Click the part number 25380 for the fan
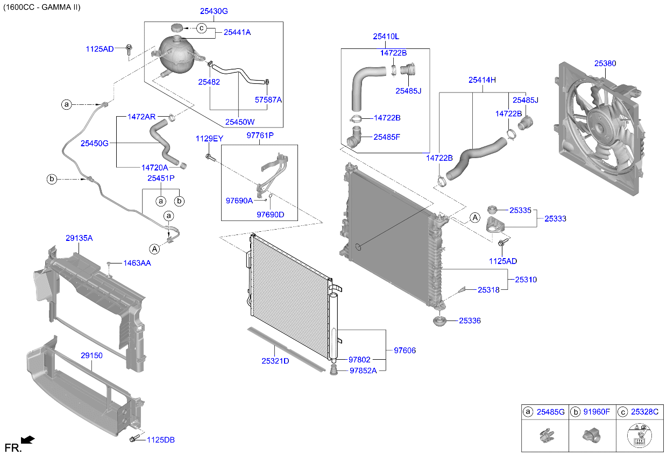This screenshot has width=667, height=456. click(605, 63)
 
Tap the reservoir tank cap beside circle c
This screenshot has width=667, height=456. click(179, 28)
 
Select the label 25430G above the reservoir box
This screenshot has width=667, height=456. click(214, 11)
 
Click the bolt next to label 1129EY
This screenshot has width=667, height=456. click(210, 157)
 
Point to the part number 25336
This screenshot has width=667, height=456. click(470, 321)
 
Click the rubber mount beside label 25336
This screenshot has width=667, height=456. click(439, 322)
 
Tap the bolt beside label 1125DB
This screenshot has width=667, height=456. click(134, 439)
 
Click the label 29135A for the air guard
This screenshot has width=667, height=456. click(79, 238)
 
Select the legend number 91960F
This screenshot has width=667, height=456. click(596, 412)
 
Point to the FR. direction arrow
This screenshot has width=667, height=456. click(28, 440)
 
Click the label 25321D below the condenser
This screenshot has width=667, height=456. click(275, 361)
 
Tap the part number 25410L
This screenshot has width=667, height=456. click(386, 37)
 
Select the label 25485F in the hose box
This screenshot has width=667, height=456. click(387, 137)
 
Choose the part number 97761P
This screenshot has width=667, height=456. click(260, 136)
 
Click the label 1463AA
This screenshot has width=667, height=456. click(137, 263)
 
